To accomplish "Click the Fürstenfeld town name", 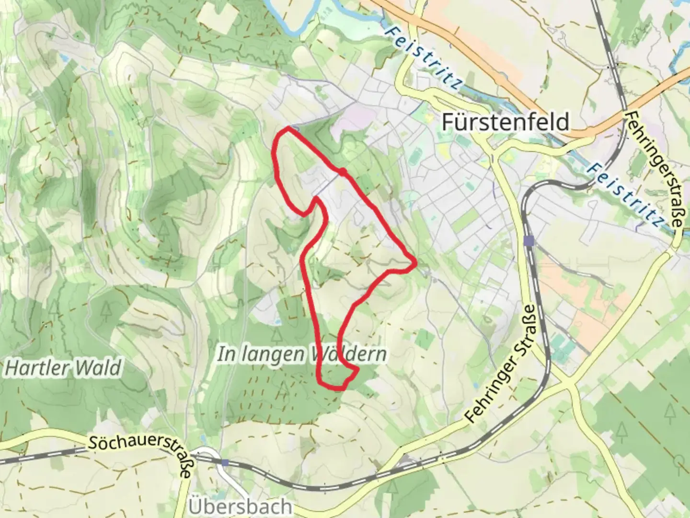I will [x=505, y=122].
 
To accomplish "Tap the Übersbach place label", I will [x=240, y=506].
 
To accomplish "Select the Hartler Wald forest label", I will [x=63, y=368].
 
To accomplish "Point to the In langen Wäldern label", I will [x=302, y=354].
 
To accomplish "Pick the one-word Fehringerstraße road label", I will [x=654, y=170].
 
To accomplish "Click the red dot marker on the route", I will [x=343, y=172].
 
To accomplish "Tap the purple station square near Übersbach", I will [x=225, y=462].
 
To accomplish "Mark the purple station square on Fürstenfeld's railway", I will [x=529, y=240].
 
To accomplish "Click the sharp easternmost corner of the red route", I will [x=415, y=262].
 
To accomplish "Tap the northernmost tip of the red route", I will [x=289, y=128].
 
